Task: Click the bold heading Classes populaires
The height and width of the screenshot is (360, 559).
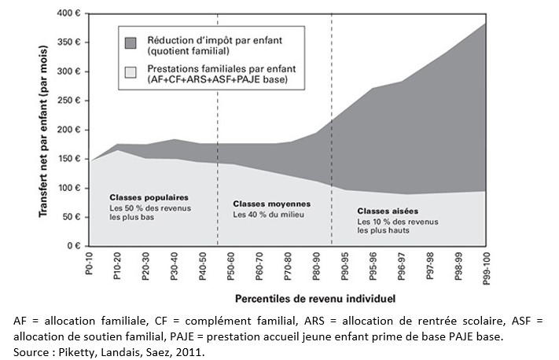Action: tap(149, 197)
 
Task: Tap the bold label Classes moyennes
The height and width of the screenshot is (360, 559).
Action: tap(270, 203)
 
